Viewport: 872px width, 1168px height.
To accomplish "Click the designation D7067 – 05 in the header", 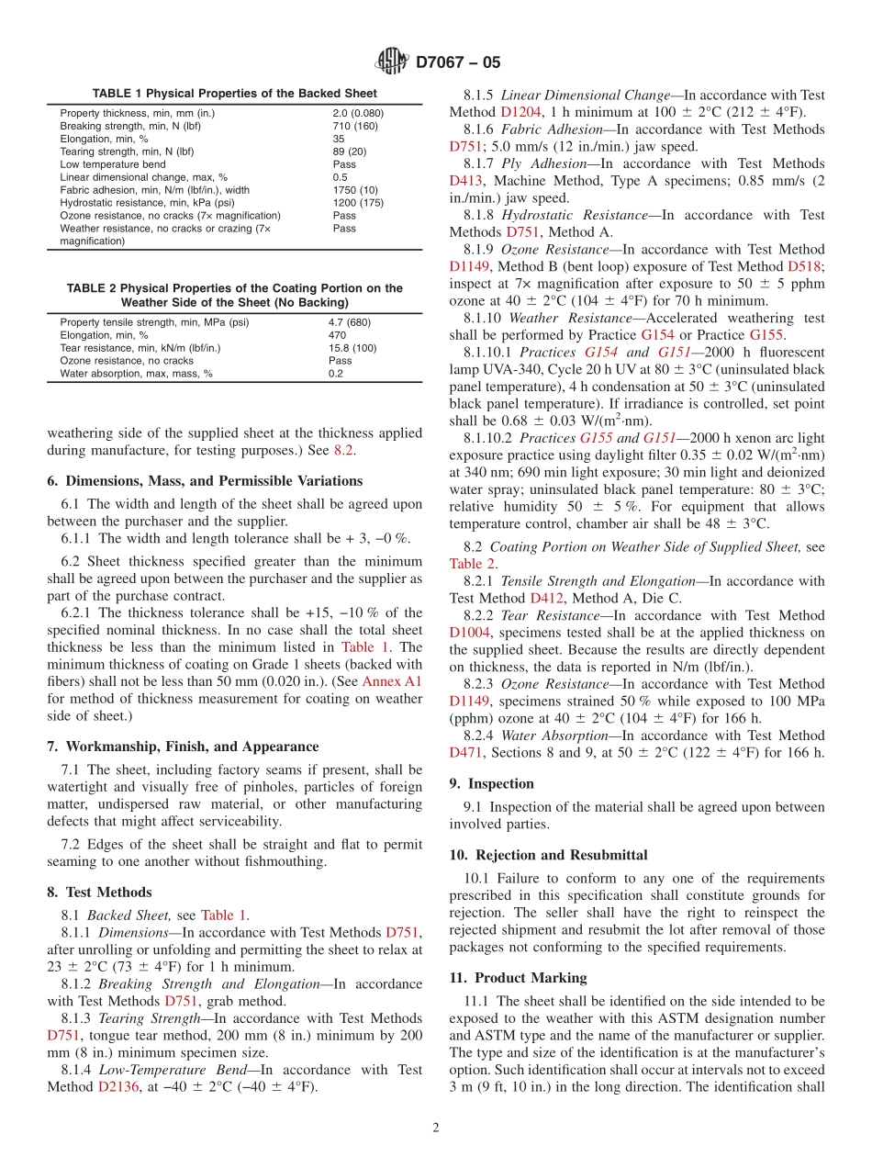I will pos(458,62).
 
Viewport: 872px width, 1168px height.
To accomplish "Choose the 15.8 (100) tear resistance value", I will pos(352,348).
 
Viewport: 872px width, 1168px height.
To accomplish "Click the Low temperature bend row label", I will pos(113,164).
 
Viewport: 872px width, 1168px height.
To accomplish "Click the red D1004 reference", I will pos(470,633).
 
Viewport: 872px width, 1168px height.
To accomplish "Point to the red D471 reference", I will pos(465,753).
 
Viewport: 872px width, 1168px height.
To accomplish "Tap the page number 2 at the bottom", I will pos(436,1129).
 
